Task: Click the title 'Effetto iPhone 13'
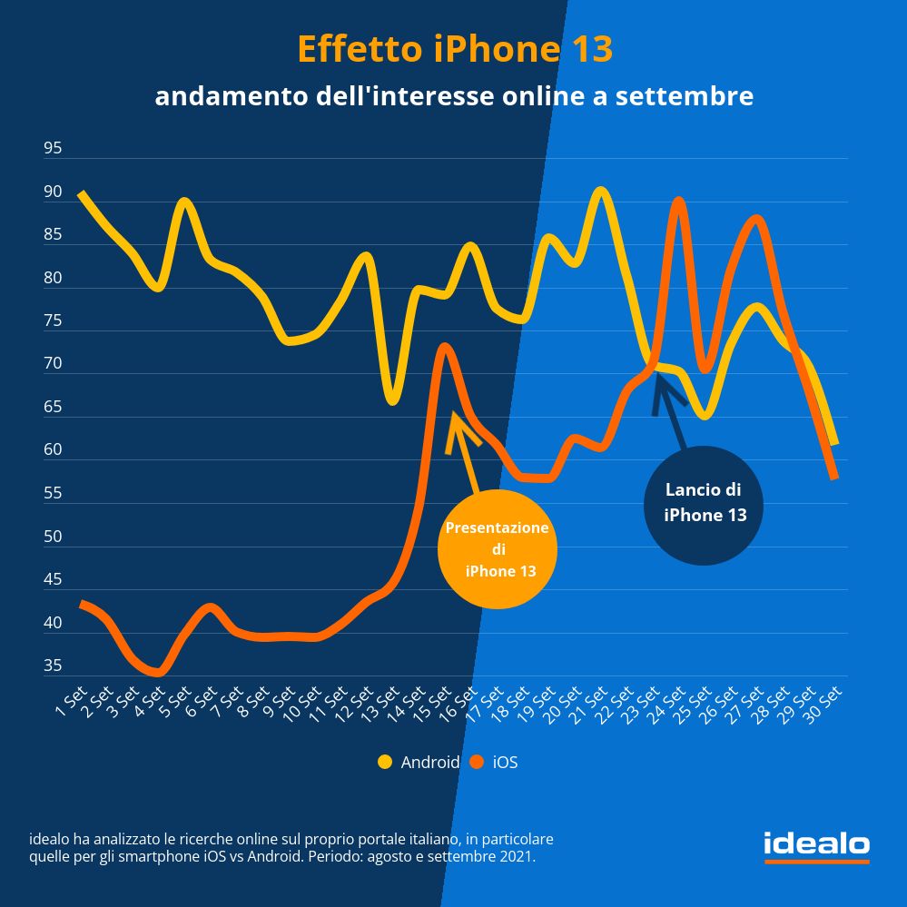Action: pos(454,50)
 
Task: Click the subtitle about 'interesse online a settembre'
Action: pos(454,95)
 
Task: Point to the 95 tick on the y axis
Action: pos(53,148)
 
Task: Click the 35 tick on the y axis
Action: pos(53,665)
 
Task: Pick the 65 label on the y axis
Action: pos(53,407)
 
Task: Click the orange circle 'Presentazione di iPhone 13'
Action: pos(498,549)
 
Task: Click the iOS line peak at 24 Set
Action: pos(678,201)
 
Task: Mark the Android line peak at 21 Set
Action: pos(600,191)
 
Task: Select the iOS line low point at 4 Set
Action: pos(158,673)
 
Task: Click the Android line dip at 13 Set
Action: pos(392,400)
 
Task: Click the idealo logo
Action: pos(816,846)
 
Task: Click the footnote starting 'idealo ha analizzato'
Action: pos(291,847)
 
